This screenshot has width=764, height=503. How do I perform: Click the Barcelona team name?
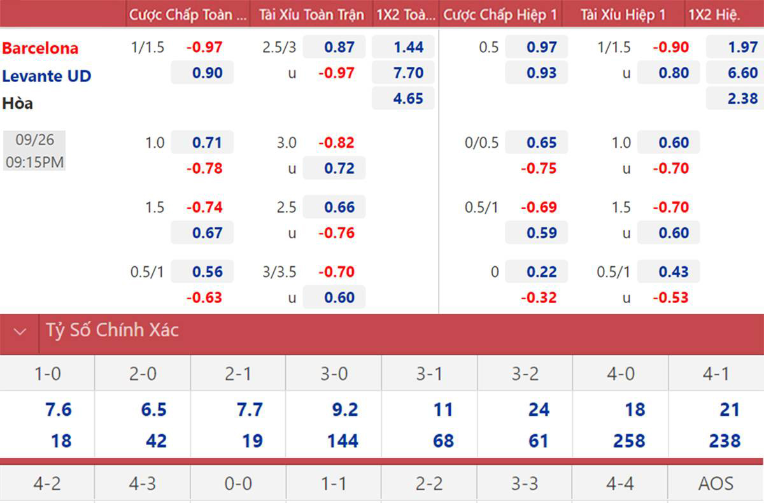coord(40,48)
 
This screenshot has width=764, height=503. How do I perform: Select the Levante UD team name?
coord(46,76)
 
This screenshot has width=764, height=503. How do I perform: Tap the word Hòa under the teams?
coord(18,103)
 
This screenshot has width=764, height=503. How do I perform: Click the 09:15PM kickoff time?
coord(34,162)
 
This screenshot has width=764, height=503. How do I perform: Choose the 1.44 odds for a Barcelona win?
coord(409,47)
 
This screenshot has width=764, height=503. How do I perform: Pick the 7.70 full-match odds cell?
coord(409,73)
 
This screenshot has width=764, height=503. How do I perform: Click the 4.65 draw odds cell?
coord(409,99)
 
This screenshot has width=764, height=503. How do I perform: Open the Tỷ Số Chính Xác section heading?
coord(112,330)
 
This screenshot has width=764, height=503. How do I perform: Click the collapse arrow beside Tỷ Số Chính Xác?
coord(20,332)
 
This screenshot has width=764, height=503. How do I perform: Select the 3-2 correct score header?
coord(525,374)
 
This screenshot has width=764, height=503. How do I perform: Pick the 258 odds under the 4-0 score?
coord(628,441)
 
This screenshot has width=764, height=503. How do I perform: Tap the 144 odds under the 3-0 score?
coord(343,441)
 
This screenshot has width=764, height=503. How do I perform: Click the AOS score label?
coord(716,484)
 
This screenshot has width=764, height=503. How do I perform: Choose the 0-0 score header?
coord(238,484)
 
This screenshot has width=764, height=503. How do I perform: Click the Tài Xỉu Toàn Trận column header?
coord(311,15)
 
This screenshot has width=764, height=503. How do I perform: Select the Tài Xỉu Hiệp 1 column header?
coord(623,15)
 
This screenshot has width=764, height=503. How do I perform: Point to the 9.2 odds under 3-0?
coord(344,409)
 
